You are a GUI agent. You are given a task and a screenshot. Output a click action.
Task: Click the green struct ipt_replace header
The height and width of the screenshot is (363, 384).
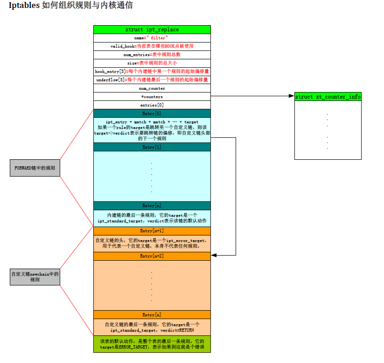click(x=152, y=29)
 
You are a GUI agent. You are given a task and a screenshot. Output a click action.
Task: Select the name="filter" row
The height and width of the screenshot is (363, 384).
click(x=152, y=38)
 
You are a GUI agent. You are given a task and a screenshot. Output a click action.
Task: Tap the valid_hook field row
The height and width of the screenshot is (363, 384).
click(x=152, y=46)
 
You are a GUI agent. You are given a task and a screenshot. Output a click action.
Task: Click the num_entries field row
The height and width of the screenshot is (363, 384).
click(x=152, y=55)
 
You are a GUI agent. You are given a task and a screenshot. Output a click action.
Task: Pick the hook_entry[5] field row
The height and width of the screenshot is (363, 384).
click(x=152, y=71)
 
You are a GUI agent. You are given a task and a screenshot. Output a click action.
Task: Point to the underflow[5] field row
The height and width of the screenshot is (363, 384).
click(x=152, y=80)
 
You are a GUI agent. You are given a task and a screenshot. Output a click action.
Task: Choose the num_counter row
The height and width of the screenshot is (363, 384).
click(x=152, y=88)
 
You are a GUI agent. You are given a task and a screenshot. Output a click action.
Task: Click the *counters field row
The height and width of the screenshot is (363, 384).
click(x=152, y=97)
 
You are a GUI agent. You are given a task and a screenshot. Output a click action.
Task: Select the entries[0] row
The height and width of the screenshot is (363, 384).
click(x=152, y=105)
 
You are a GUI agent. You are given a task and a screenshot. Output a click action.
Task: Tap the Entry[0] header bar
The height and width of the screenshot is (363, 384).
click(x=152, y=114)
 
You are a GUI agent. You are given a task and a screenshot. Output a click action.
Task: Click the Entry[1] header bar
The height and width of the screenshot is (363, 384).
click(x=152, y=147)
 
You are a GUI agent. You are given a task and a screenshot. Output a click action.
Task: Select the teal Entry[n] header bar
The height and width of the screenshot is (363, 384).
click(x=152, y=206)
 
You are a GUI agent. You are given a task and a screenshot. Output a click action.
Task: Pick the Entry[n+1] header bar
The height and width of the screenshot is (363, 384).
click(x=152, y=231)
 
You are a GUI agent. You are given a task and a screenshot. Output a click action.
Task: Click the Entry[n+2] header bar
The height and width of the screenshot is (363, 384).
click(x=152, y=256)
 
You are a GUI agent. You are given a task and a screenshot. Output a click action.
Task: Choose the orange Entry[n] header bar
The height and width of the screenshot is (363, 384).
click(x=152, y=315)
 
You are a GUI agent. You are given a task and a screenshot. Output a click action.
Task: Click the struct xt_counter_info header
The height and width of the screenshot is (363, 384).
click(x=328, y=97)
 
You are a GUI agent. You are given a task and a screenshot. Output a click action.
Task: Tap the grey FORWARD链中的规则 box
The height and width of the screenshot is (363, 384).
click(x=35, y=168)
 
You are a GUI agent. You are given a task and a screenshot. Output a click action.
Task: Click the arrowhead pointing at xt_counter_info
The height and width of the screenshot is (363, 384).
click(x=292, y=97)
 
